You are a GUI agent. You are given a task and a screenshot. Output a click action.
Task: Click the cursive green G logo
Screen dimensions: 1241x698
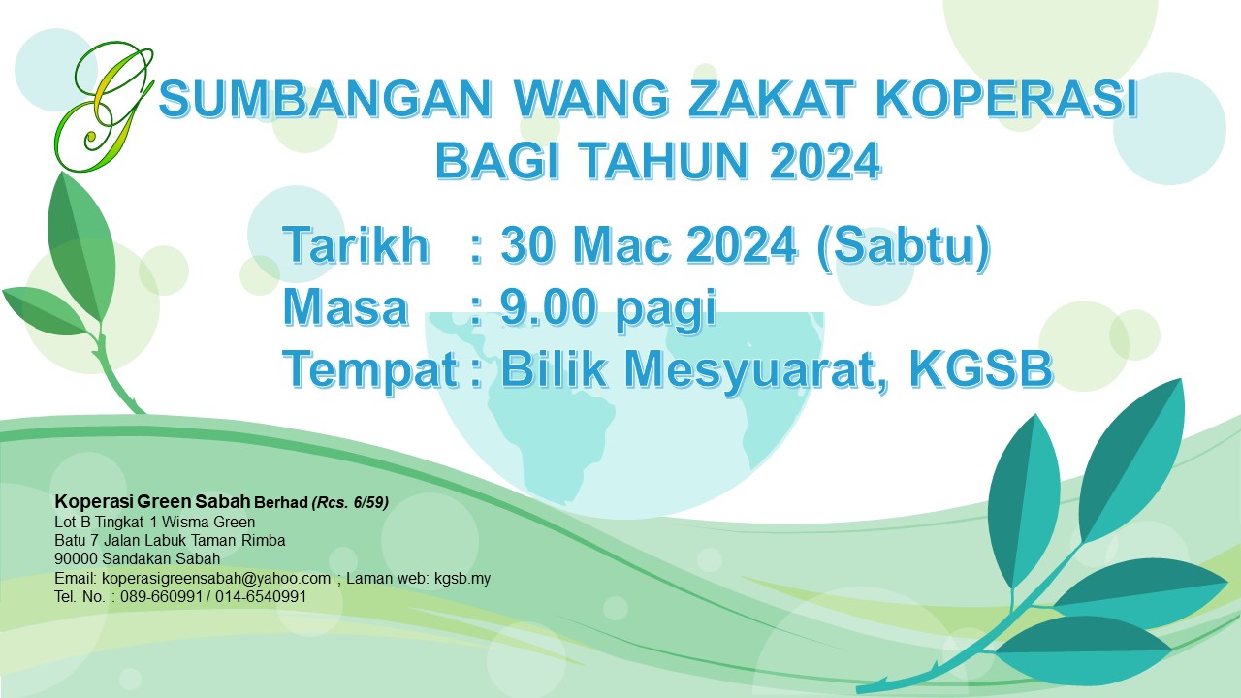click(x=104, y=107)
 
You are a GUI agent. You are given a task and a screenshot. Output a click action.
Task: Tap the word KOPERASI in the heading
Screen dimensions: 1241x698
click(x=1006, y=99)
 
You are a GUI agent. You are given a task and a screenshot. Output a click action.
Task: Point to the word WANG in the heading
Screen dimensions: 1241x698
click(x=591, y=99)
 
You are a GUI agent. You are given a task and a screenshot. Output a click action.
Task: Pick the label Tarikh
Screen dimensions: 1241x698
click(x=356, y=244)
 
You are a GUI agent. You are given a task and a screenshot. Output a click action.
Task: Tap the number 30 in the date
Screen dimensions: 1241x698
click(x=526, y=244)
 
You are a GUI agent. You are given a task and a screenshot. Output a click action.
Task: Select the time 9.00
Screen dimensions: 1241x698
click(x=549, y=307)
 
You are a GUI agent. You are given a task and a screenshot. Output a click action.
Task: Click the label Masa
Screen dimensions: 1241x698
click(x=346, y=307)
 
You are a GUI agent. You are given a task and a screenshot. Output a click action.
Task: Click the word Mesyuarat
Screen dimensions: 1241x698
click(x=755, y=370)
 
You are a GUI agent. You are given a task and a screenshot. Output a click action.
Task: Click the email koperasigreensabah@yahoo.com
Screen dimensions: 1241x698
click(x=216, y=579)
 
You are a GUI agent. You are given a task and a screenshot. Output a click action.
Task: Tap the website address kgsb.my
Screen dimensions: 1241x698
click(x=462, y=579)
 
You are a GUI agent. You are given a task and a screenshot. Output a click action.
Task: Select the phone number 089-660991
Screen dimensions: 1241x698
click(x=161, y=596)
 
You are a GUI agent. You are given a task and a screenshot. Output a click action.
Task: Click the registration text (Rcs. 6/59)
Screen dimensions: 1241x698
click(x=350, y=502)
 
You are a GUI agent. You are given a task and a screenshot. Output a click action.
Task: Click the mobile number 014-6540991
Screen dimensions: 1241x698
click(x=261, y=596)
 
